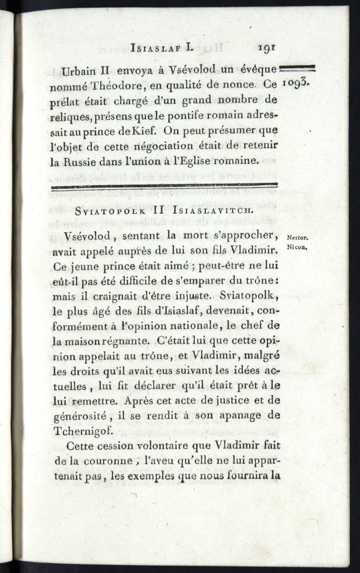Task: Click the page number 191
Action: tap(266, 48)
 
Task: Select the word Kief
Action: tap(139, 131)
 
